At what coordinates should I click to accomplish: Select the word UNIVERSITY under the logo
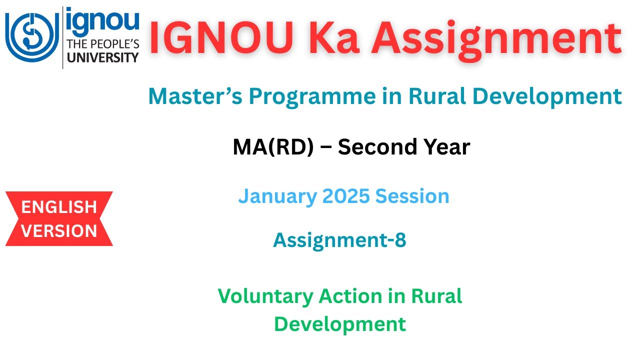[x=102, y=57]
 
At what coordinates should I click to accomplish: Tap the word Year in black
[x=445, y=147]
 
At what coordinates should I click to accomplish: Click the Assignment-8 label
[x=339, y=240]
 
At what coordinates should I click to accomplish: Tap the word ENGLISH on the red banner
[x=59, y=206]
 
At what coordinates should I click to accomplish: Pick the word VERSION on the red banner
[x=59, y=231]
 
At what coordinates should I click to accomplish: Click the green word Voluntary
[x=265, y=296]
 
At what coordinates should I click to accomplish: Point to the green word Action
[x=350, y=296]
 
